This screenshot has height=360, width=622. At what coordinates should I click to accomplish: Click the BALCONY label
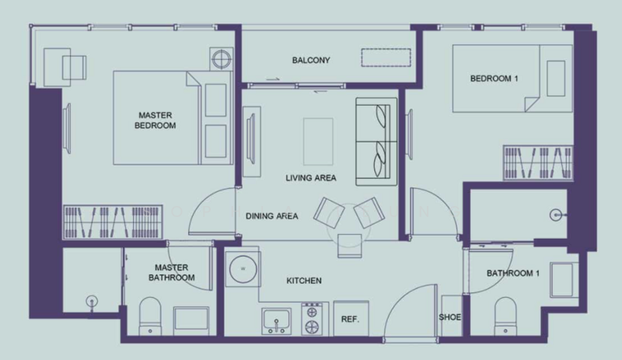click(311, 61)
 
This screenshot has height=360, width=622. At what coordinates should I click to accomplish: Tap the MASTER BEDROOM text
click(155, 121)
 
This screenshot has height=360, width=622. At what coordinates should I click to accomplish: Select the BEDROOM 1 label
click(494, 79)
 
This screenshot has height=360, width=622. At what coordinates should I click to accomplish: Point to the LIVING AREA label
click(310, 178)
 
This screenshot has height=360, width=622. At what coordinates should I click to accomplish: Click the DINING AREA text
click(271, 216)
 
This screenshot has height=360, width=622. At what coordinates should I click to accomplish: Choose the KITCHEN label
click(304, 281)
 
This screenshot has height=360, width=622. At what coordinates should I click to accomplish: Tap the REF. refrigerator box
click(351, 318)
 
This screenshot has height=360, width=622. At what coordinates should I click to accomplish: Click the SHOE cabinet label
click(450, 317)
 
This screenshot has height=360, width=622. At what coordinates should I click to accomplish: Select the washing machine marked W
click(243, 269)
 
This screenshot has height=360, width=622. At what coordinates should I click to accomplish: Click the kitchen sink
click(276, 320)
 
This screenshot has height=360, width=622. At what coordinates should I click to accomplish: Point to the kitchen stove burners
click(312, 319)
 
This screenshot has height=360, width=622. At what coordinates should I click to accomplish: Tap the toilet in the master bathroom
click(150, 316)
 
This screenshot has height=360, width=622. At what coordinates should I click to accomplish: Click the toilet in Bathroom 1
click(505, 316)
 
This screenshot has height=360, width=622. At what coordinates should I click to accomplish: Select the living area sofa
click(376, 142)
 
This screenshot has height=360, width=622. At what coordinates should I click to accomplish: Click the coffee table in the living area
click(318, 142)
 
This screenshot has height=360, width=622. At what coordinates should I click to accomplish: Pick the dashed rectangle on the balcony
click(386, 58)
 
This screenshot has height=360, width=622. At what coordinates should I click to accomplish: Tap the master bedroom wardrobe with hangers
click(113, 222)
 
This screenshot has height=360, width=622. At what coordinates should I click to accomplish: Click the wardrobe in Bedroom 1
click(538, 163)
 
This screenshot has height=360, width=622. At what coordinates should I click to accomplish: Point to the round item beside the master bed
click(222, 59)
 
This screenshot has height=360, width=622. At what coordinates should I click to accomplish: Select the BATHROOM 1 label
click(513, 273)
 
